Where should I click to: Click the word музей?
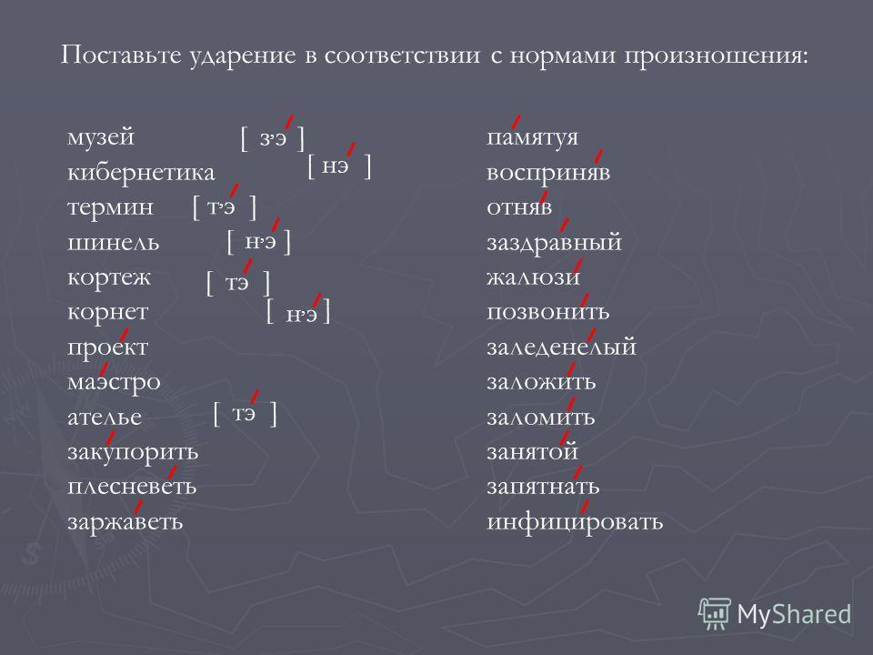click(101, 137)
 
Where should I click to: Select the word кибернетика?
click(141, 173)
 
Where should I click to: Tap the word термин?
click(110, 207)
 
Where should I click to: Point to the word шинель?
click(113, 242)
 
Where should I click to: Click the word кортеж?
click(109, 277)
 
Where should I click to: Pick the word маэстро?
click(115, 383)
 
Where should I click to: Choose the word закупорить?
click(133, 452)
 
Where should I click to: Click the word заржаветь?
click(125, 522)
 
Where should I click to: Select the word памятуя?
click(533, 137)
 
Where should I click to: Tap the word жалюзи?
click(534, 277)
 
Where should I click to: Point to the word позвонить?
click(548, 312)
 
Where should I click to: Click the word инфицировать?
click(575, 522)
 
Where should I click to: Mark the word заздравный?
click(555, 243)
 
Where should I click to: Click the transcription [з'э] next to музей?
click(273, 138)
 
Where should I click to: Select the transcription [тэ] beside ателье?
click(245, 414)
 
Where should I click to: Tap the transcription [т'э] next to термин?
click(225, 207)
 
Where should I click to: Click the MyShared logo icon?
click(715, 614)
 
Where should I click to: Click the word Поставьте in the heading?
click(121, 55)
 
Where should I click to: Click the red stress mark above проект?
click(124, 336)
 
